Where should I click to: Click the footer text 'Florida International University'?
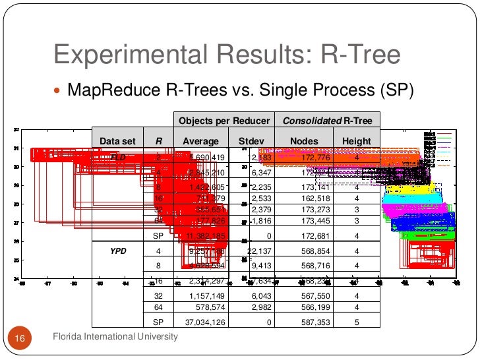pos(115,337)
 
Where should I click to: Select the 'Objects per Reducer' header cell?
pos(224,121)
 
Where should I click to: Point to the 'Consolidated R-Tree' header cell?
pos(328,121)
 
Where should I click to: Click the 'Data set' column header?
pos(117,141)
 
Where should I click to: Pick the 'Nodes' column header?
pos(304,141)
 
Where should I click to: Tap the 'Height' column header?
pos(356,141)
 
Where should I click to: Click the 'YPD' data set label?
pos(117,251)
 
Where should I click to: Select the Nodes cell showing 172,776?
pos(304,158)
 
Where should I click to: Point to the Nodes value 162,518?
pos(304,198)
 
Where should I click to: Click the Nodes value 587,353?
pos(304,322)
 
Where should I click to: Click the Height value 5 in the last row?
pos(356,322)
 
